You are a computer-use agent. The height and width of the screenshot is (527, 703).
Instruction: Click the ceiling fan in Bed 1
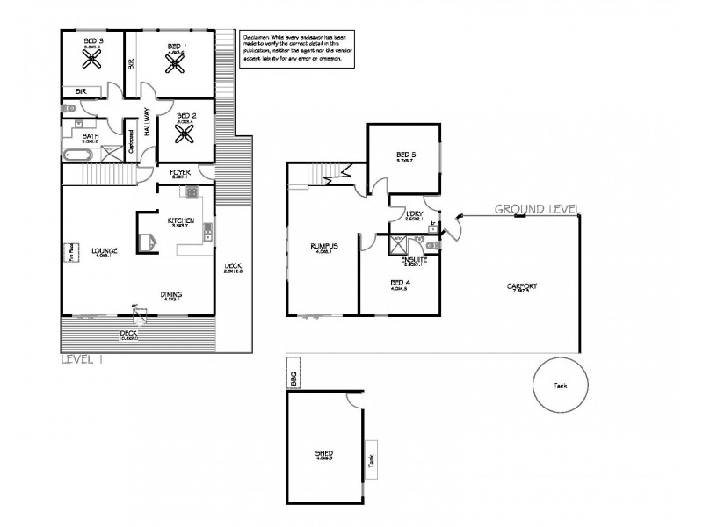(183, 64)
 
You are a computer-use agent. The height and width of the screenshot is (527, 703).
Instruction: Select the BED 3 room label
(93, 41)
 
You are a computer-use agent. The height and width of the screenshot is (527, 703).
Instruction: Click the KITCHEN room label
(180, 220)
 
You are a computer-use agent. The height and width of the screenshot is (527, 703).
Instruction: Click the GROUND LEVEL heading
(535, 209)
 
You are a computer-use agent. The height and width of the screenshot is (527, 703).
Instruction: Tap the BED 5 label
(404, 155)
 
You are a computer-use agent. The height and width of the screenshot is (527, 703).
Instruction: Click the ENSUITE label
(414, 260)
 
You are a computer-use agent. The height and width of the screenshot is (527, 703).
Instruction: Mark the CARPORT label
(522, 286)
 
